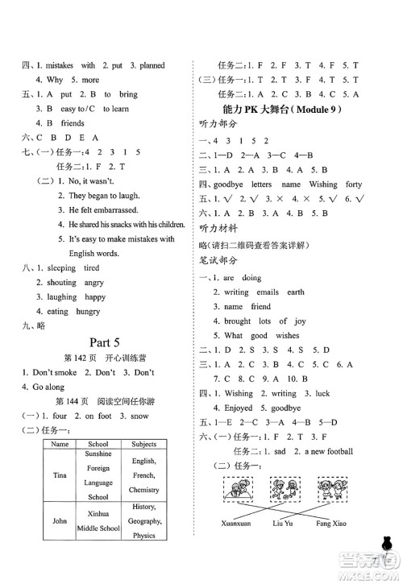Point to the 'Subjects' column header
point(143,444)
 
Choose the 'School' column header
point(98,444)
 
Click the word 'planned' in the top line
point(159,65)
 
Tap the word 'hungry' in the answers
point(90,311)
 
